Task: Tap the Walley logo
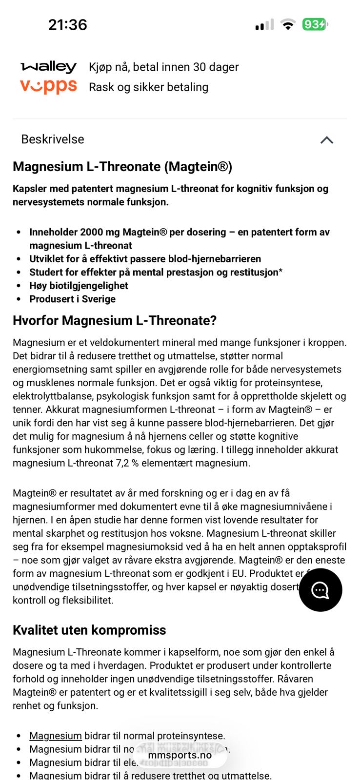click(x=48, y=67)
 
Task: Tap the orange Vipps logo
click(x=48, y=86)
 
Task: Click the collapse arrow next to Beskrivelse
click(x=326, y=140)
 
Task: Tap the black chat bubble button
click(x=320, y=590)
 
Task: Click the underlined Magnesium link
click(x=55, y=736)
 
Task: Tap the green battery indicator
click(x=315, y=24)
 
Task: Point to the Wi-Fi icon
click(x=288, y=24)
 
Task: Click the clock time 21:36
click(x=67, y=24)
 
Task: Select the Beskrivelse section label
click(x=53, y=139)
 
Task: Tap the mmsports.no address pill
click(x=180, y=755)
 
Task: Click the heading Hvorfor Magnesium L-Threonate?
click(x=115, y=321)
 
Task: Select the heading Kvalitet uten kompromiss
click(x=89, y=630)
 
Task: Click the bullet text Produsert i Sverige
click(x=72, y=299)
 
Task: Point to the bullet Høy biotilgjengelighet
click(x=79, y=286)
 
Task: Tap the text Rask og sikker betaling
click(x=148, y=87)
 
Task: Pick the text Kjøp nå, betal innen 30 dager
click(x=163, y=67)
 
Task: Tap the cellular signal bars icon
click(x=264, y=24)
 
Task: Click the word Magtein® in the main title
click(x=197, y=167)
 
